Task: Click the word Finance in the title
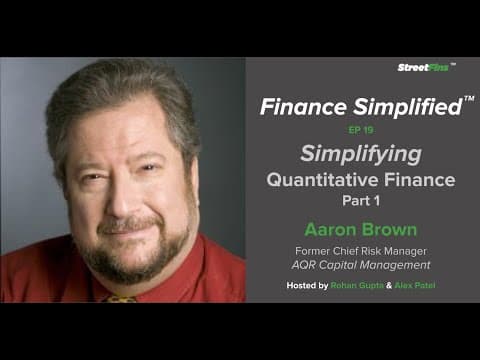(x=296, y=107)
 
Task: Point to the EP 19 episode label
(x=359, y=130)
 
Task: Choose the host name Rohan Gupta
(x=342, y=287)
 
